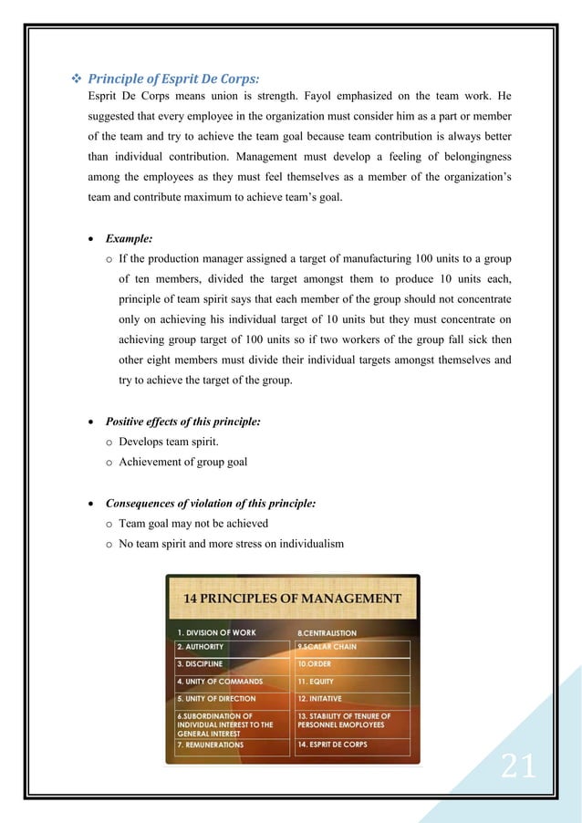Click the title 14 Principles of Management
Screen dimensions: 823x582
point(292,599)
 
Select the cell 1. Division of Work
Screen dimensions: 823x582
point(216,632)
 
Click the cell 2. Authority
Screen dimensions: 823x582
point(201,647)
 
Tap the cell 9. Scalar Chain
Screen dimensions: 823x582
point(327,647)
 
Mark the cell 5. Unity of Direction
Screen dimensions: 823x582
point(219,699)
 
